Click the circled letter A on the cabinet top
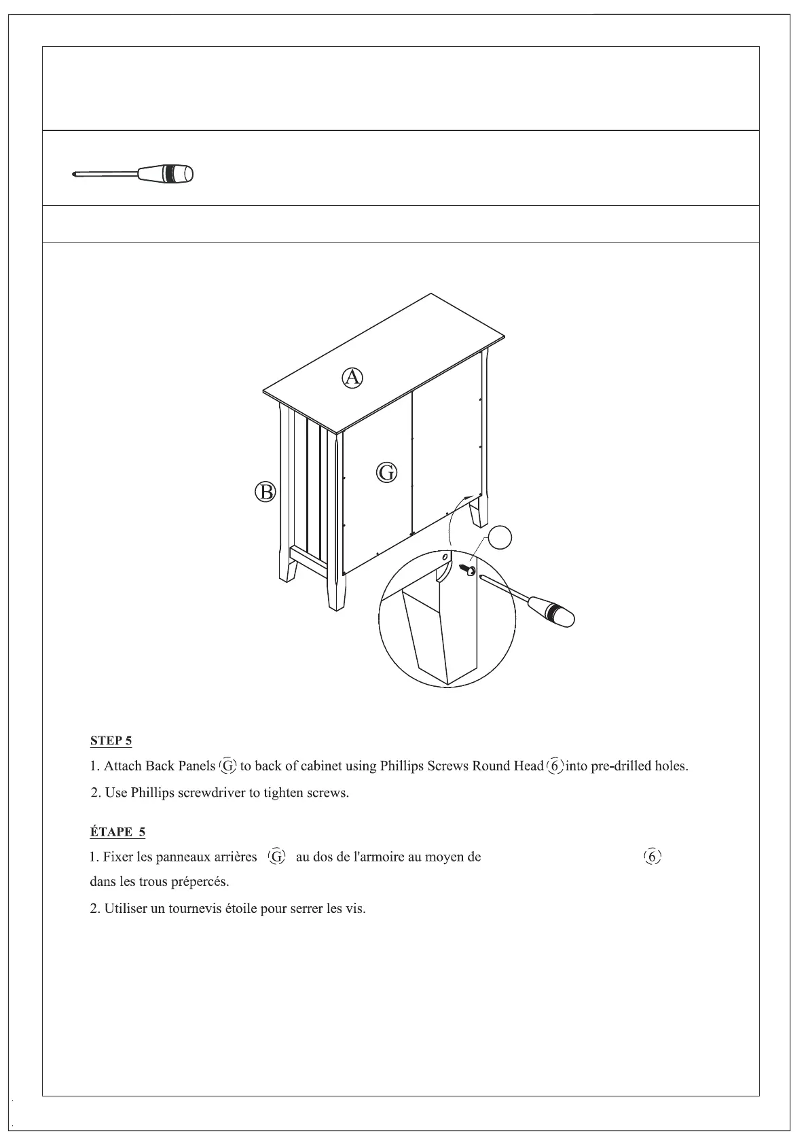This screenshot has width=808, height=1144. [352, 377]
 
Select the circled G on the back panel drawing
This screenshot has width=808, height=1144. [386, 472]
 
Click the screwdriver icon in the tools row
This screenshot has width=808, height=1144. [133, 174]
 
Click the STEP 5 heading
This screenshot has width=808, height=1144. [111, 740]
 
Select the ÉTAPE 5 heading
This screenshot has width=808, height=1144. [117, 832]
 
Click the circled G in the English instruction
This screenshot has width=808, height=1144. [227, 766]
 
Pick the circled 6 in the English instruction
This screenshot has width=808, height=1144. [555, 766]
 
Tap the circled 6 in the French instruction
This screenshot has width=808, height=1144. [652, 857]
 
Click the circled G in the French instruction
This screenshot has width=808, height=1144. [277, 857]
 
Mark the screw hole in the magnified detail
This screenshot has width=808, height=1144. [445, 557]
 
